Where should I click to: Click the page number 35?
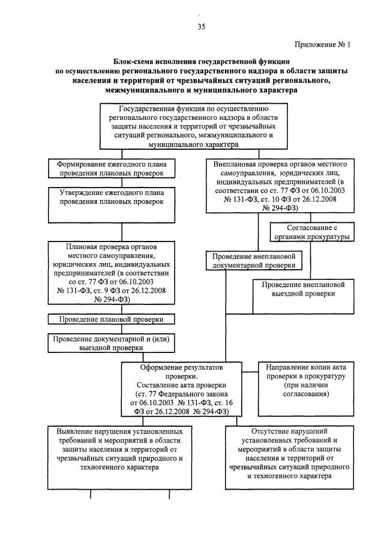click(x=201, y=26)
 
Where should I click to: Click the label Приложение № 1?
click(x=322, y=44)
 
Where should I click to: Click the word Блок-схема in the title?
click(x=134, y=61)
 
